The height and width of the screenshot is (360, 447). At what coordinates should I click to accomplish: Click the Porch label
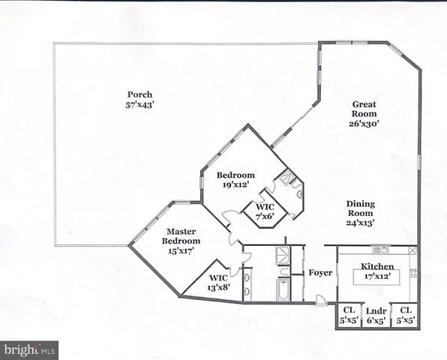139,94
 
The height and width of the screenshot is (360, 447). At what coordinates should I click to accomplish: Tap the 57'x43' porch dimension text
139,104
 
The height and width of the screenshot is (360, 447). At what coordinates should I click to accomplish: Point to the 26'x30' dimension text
364,123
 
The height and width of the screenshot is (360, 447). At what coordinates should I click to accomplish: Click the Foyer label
320,272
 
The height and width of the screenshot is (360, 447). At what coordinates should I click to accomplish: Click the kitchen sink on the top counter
379,250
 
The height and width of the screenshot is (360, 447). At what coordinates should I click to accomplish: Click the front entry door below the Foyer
321,301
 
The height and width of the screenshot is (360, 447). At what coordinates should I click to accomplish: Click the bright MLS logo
29,349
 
